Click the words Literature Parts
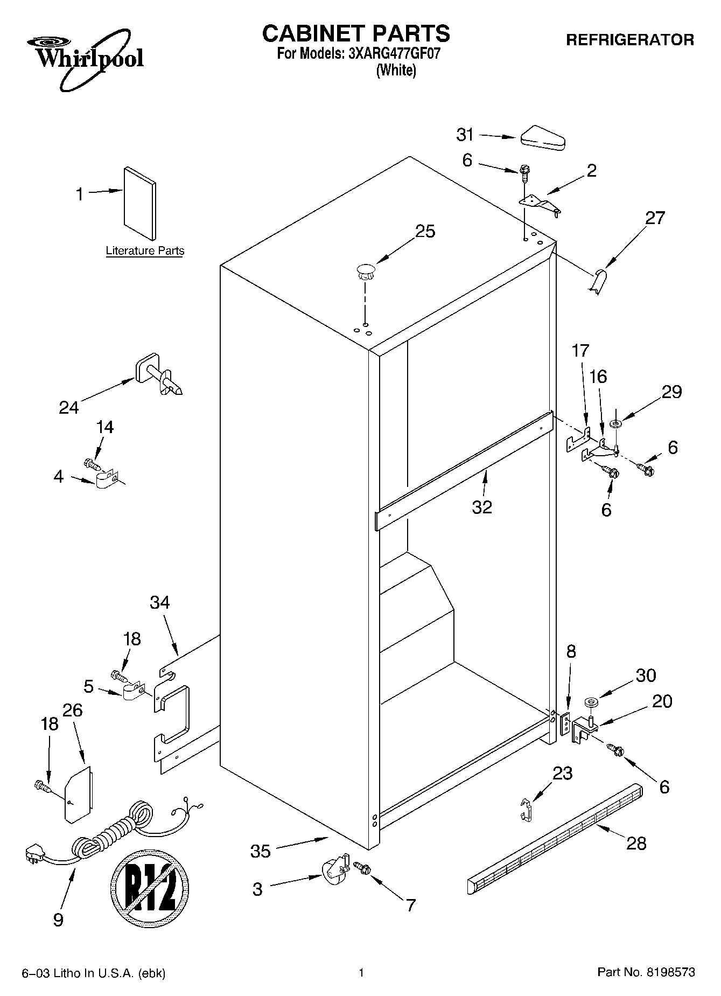(145, 251)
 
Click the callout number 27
(655, 218)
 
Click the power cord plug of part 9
(36, 855)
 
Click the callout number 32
(482, 507)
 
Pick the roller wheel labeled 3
(333, 871)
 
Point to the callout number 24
(69, 407)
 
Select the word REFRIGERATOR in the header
(629, 40)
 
